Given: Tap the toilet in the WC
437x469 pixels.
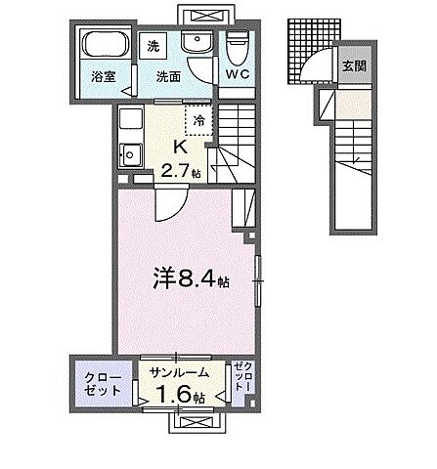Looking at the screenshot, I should (x=238, y=45).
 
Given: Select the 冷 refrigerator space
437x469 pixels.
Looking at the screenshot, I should (x=199, y=121).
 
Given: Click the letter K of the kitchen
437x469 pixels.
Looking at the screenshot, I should (x=180, y=147).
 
